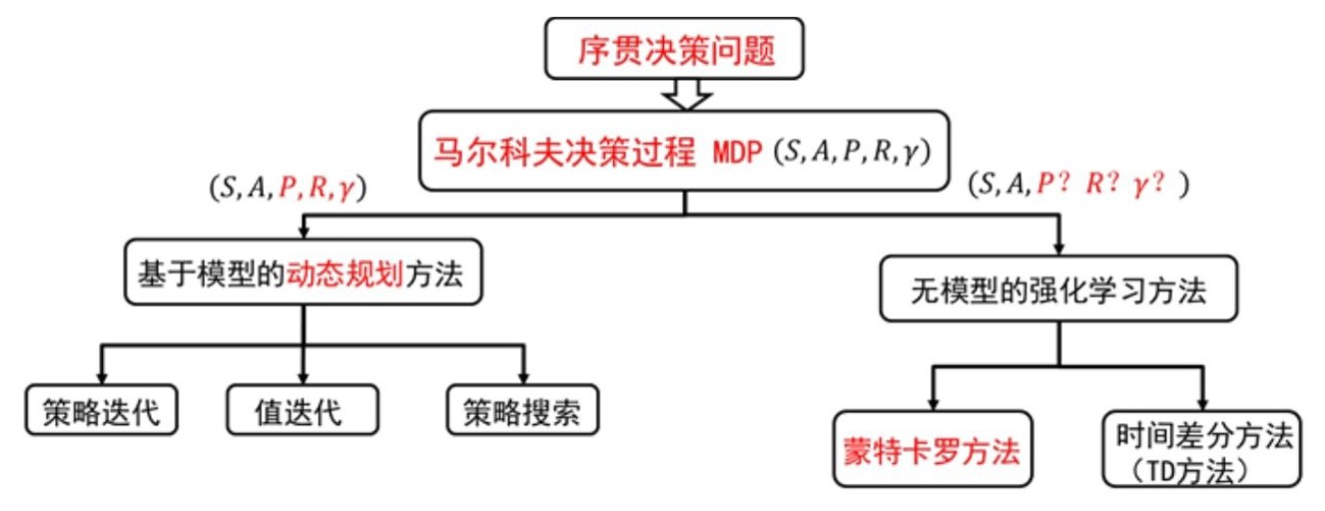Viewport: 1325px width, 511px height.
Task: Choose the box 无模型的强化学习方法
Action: pos(1058,290)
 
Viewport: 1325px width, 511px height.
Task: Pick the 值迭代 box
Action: pos(302,411)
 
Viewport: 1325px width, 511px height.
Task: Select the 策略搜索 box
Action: pos(522,411)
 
